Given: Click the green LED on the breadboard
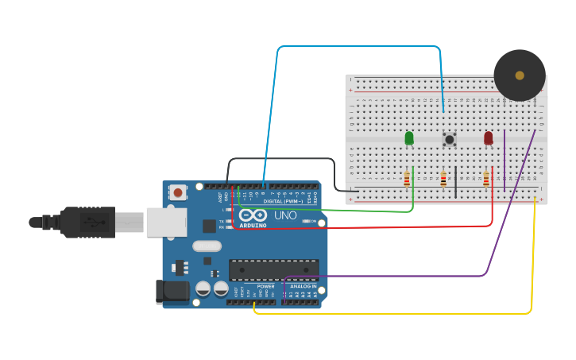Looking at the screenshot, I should [x=409, y=137].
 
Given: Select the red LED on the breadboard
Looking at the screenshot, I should [x=488, y=137].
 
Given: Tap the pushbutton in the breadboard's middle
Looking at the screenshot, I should [x=449, y=139].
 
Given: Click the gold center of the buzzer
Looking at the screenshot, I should [x=520, y=75].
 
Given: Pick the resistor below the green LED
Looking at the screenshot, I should [x=407, y=179].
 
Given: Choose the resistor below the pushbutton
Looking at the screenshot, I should [x=443, y=179].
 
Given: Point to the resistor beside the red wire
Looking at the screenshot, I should [x=485, y=179].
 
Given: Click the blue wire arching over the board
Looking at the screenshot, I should [x=358, y=47].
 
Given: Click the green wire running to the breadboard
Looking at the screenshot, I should [x=334, y=211].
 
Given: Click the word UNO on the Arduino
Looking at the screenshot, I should [x=285, y=215].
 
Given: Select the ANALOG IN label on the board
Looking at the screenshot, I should [x=303, y=286].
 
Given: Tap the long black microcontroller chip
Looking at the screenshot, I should [x=273, y=269].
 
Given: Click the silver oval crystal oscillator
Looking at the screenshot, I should [x=207, y=246].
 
